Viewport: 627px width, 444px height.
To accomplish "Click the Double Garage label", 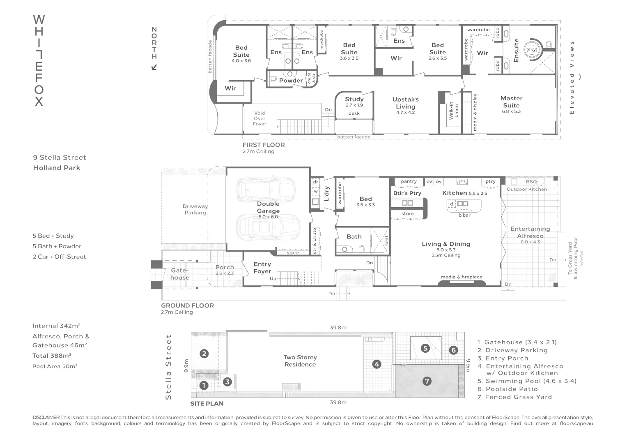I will [268, 207].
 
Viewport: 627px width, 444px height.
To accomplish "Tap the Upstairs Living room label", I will [405, 103].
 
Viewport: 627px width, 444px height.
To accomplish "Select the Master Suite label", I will [511, 102].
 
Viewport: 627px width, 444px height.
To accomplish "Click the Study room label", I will [354, 99].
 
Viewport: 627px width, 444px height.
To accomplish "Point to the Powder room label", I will [291, 81].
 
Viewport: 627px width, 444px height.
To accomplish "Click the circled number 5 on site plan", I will [425, 348].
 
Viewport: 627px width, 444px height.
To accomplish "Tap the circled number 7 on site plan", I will [427, 381].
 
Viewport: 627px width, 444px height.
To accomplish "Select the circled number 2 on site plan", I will [204, 354].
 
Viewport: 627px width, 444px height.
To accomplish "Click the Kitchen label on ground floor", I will [455, 193].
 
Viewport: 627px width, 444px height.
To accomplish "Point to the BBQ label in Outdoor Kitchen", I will [531, 182].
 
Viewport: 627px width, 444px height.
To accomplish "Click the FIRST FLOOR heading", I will [263, 145].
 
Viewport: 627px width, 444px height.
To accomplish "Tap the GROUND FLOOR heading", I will [187, 305].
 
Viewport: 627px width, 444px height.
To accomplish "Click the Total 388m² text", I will [52, 356].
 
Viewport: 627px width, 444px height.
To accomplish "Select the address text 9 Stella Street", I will [60, 157].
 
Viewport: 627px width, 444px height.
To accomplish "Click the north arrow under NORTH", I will [154, 67].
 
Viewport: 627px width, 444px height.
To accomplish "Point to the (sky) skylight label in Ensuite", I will [531, 50].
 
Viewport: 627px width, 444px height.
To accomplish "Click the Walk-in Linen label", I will [454, 111].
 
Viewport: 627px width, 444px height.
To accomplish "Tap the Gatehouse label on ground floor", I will [180, 274].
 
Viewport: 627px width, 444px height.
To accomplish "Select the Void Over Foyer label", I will [260, 118].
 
